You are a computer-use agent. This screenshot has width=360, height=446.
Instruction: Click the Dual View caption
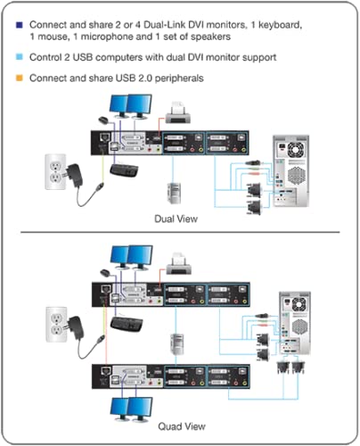click(x=176, y=218)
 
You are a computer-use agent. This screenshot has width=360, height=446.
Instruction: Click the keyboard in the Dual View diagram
click(x=130, y=169)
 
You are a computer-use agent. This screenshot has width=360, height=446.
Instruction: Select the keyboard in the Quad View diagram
click(x=134, y=318)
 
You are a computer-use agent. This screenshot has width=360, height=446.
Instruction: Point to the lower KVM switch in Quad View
click(x=169, y=374)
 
